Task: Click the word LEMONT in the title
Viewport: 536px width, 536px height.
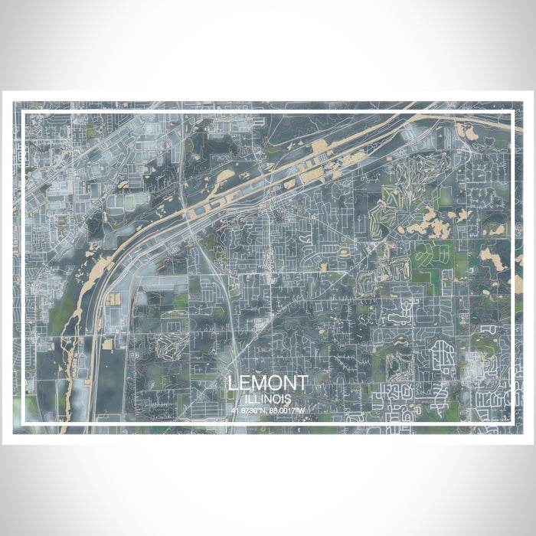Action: pyautogui.click(x=268, y=383)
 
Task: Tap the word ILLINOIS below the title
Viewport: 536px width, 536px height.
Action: pyautogui.click(x=268, y=399)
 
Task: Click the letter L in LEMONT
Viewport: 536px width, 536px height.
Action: pyautogui.click(x=233, y=383)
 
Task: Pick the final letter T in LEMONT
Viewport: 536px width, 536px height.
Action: pyautogui.click(x=302, y=383)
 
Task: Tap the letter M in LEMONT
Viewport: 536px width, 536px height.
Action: pyautogui.click(x=260, y=383)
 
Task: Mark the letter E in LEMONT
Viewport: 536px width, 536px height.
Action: pyautogui.click(x=245, y=383)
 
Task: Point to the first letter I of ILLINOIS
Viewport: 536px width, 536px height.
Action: pyautogui.click(x=249, y=399)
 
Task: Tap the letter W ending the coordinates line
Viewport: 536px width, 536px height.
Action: pyautogui.click(x=302, y=410)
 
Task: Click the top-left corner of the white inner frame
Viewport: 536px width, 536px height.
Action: pyautogui.click(x=24, y=113)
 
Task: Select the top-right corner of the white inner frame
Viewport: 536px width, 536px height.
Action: pyautogui.click(x=512, y=113)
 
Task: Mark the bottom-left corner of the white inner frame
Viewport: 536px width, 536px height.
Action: pyautogui.click(x=24, y=423)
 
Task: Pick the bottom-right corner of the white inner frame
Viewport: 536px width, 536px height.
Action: pyautogui.click(x=512, y=423)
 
